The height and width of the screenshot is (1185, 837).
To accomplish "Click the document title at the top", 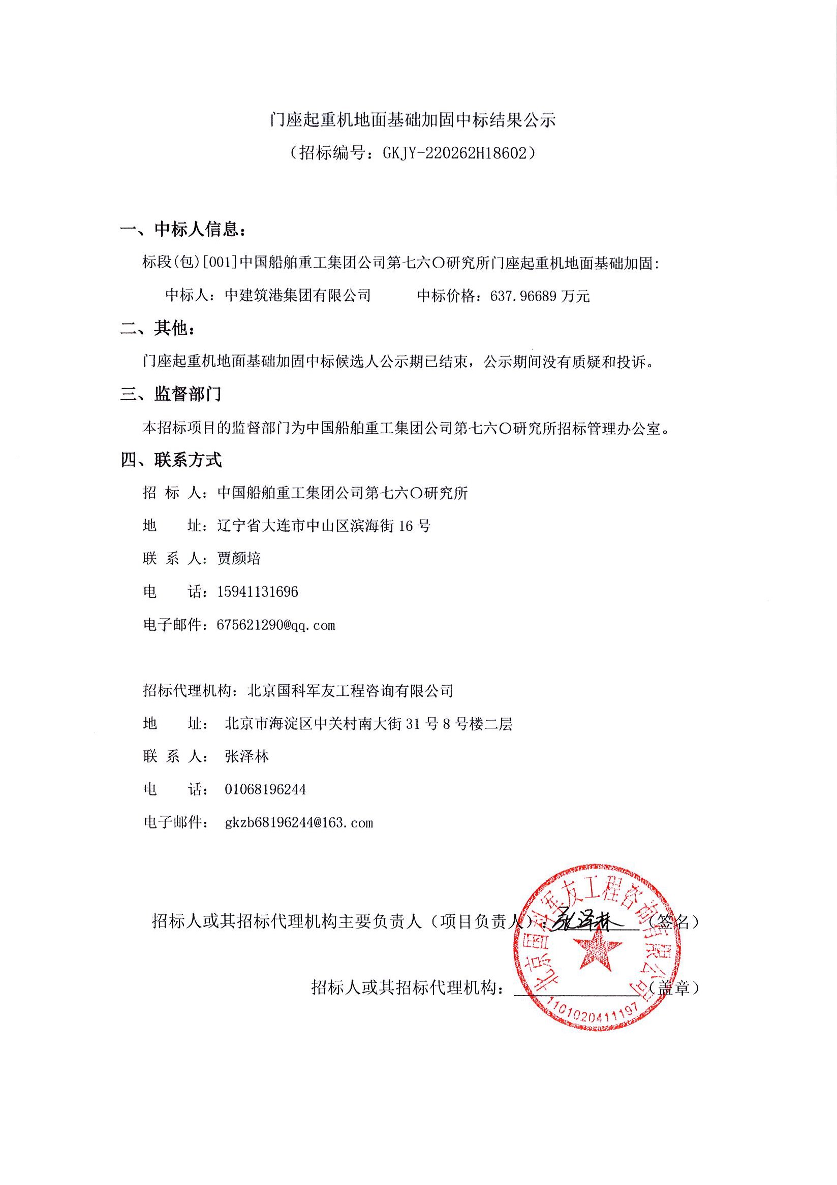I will pos(413,121).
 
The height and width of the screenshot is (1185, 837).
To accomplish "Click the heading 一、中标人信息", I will pos(183,229).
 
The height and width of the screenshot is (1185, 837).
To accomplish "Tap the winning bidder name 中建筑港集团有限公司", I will pos(298,296).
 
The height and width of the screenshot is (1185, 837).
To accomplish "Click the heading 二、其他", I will pos(158,328).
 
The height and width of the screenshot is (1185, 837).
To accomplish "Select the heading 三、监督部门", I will pos(171,394).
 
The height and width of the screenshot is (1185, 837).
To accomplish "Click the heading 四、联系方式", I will pos(171,460).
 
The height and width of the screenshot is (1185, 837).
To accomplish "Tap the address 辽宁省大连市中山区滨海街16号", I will pos(324,526).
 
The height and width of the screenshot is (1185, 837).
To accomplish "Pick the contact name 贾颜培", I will pos(239,558).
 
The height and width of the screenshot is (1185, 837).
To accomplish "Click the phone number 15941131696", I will pos(258,591).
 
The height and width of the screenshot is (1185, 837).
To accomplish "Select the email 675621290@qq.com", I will pos(276,625).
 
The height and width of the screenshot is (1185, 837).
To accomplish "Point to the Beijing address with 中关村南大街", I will pos(368,724).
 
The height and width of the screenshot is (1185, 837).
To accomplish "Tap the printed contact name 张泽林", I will pos(247,757).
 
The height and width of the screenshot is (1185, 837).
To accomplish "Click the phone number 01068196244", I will pos(265,790).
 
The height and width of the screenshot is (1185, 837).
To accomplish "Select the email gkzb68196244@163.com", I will pos(299,823).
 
